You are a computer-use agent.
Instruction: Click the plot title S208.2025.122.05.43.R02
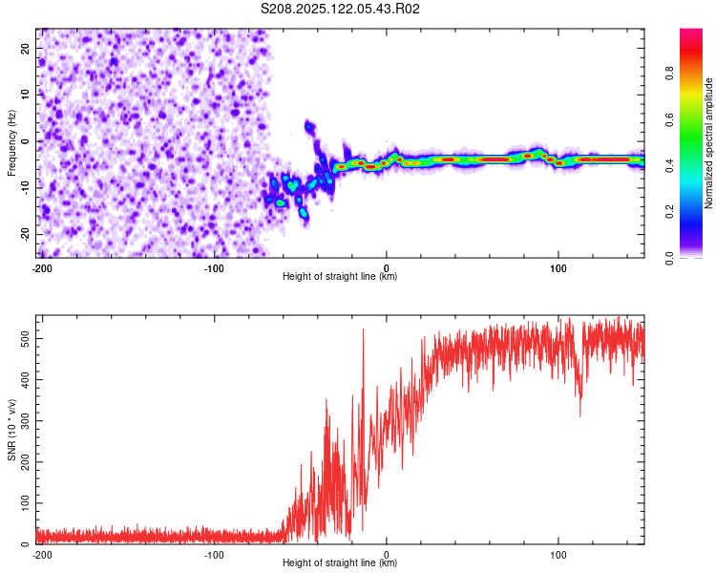[x=341, y=9]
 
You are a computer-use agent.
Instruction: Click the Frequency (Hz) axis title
[x=11, y=143]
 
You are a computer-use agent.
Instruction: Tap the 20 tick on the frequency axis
[x=26, y=48]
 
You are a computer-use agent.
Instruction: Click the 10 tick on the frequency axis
[x=26, y=95]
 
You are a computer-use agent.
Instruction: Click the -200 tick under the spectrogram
[x=42, y=267]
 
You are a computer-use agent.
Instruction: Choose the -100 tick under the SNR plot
[x=214, y=554]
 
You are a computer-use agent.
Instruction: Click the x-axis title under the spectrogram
[x=340, y=277]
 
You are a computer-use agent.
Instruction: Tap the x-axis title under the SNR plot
[x=340, y=563]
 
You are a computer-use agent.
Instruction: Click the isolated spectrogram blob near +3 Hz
[x=309, y=126]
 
